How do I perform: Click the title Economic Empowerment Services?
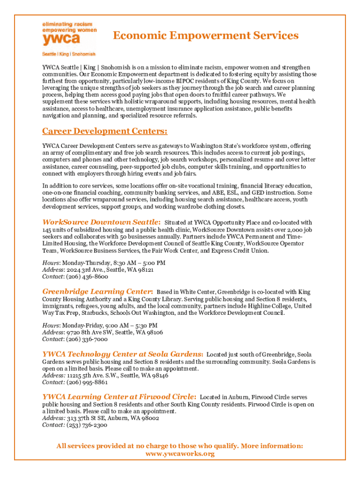[206, 36]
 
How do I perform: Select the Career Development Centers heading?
[105, 131]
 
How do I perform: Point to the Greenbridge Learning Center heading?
[98, 291]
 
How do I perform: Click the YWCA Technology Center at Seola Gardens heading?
[123, 354]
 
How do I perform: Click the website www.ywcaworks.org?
[180, 454]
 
